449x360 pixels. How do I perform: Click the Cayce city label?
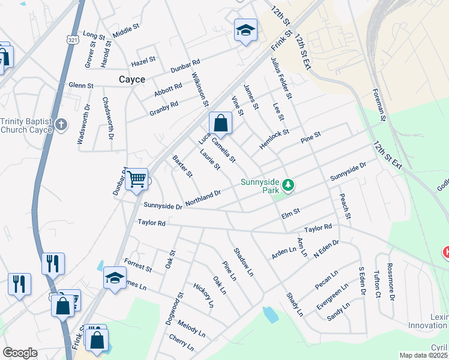point(131,79)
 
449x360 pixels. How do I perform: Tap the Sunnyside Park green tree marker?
point(289,185)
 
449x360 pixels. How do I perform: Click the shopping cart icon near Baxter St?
point(137,179)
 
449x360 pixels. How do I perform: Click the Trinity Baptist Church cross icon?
point(61,125)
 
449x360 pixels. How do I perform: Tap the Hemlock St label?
point(274,139)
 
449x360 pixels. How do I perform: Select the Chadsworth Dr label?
point(107,118)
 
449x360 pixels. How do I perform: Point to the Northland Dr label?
point(203,199)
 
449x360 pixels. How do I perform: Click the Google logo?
point(20,353)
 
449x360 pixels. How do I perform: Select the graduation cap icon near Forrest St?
point(114,278)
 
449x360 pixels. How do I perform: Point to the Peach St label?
point(344,206)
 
